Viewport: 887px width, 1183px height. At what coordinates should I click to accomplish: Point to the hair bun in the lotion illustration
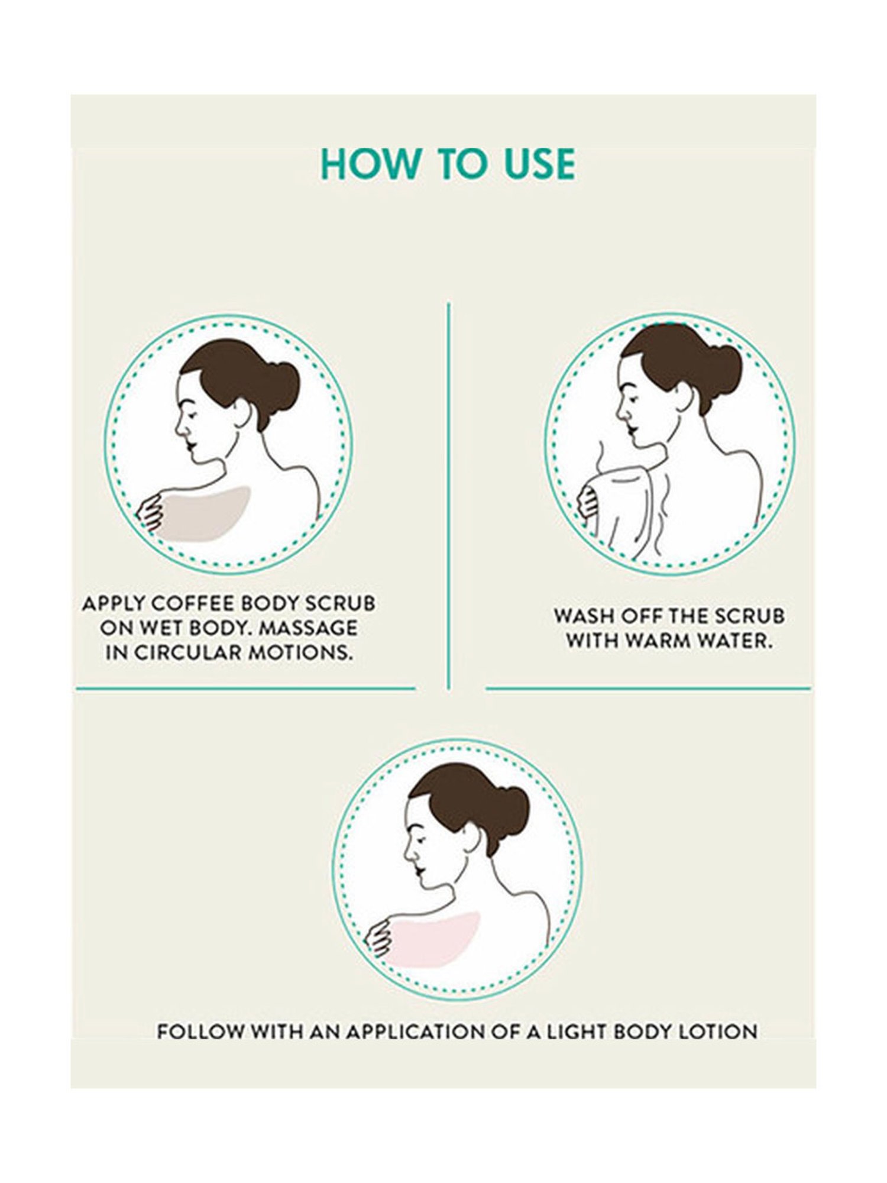[507, 813]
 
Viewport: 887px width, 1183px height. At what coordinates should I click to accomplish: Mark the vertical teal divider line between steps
[449, 496]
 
